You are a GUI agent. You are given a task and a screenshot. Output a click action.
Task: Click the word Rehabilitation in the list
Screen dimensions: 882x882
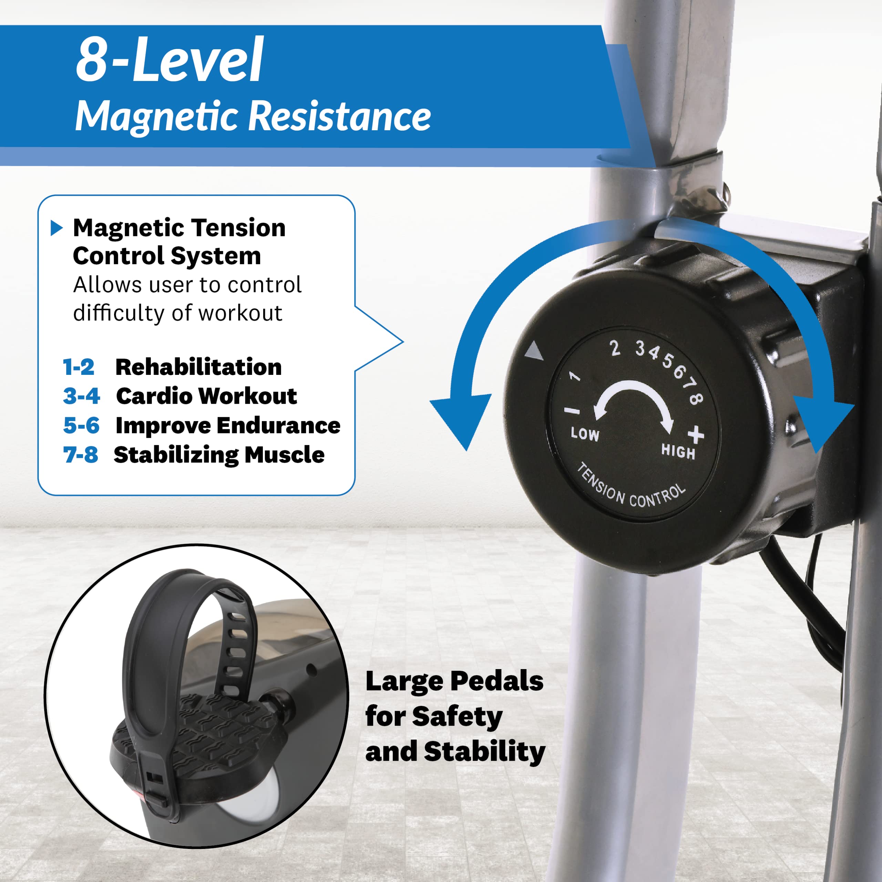[198, 367]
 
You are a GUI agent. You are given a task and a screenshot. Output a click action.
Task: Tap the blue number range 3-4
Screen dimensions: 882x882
[81, 396]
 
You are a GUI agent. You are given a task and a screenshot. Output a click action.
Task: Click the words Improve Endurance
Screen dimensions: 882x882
[228, 425]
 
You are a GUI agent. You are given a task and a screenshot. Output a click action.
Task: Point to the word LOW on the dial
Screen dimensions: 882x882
[585, 434]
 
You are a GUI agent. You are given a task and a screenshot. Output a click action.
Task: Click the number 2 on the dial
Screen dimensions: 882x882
[615, 348]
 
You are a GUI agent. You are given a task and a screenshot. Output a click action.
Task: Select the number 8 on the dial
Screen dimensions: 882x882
[696, 399]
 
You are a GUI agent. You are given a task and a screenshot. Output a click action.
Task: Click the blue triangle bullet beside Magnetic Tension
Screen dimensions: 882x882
[56, 228]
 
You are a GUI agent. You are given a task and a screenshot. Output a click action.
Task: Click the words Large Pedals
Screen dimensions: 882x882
[454, 681]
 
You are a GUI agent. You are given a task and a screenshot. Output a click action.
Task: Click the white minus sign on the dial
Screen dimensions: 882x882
[572, 411]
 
